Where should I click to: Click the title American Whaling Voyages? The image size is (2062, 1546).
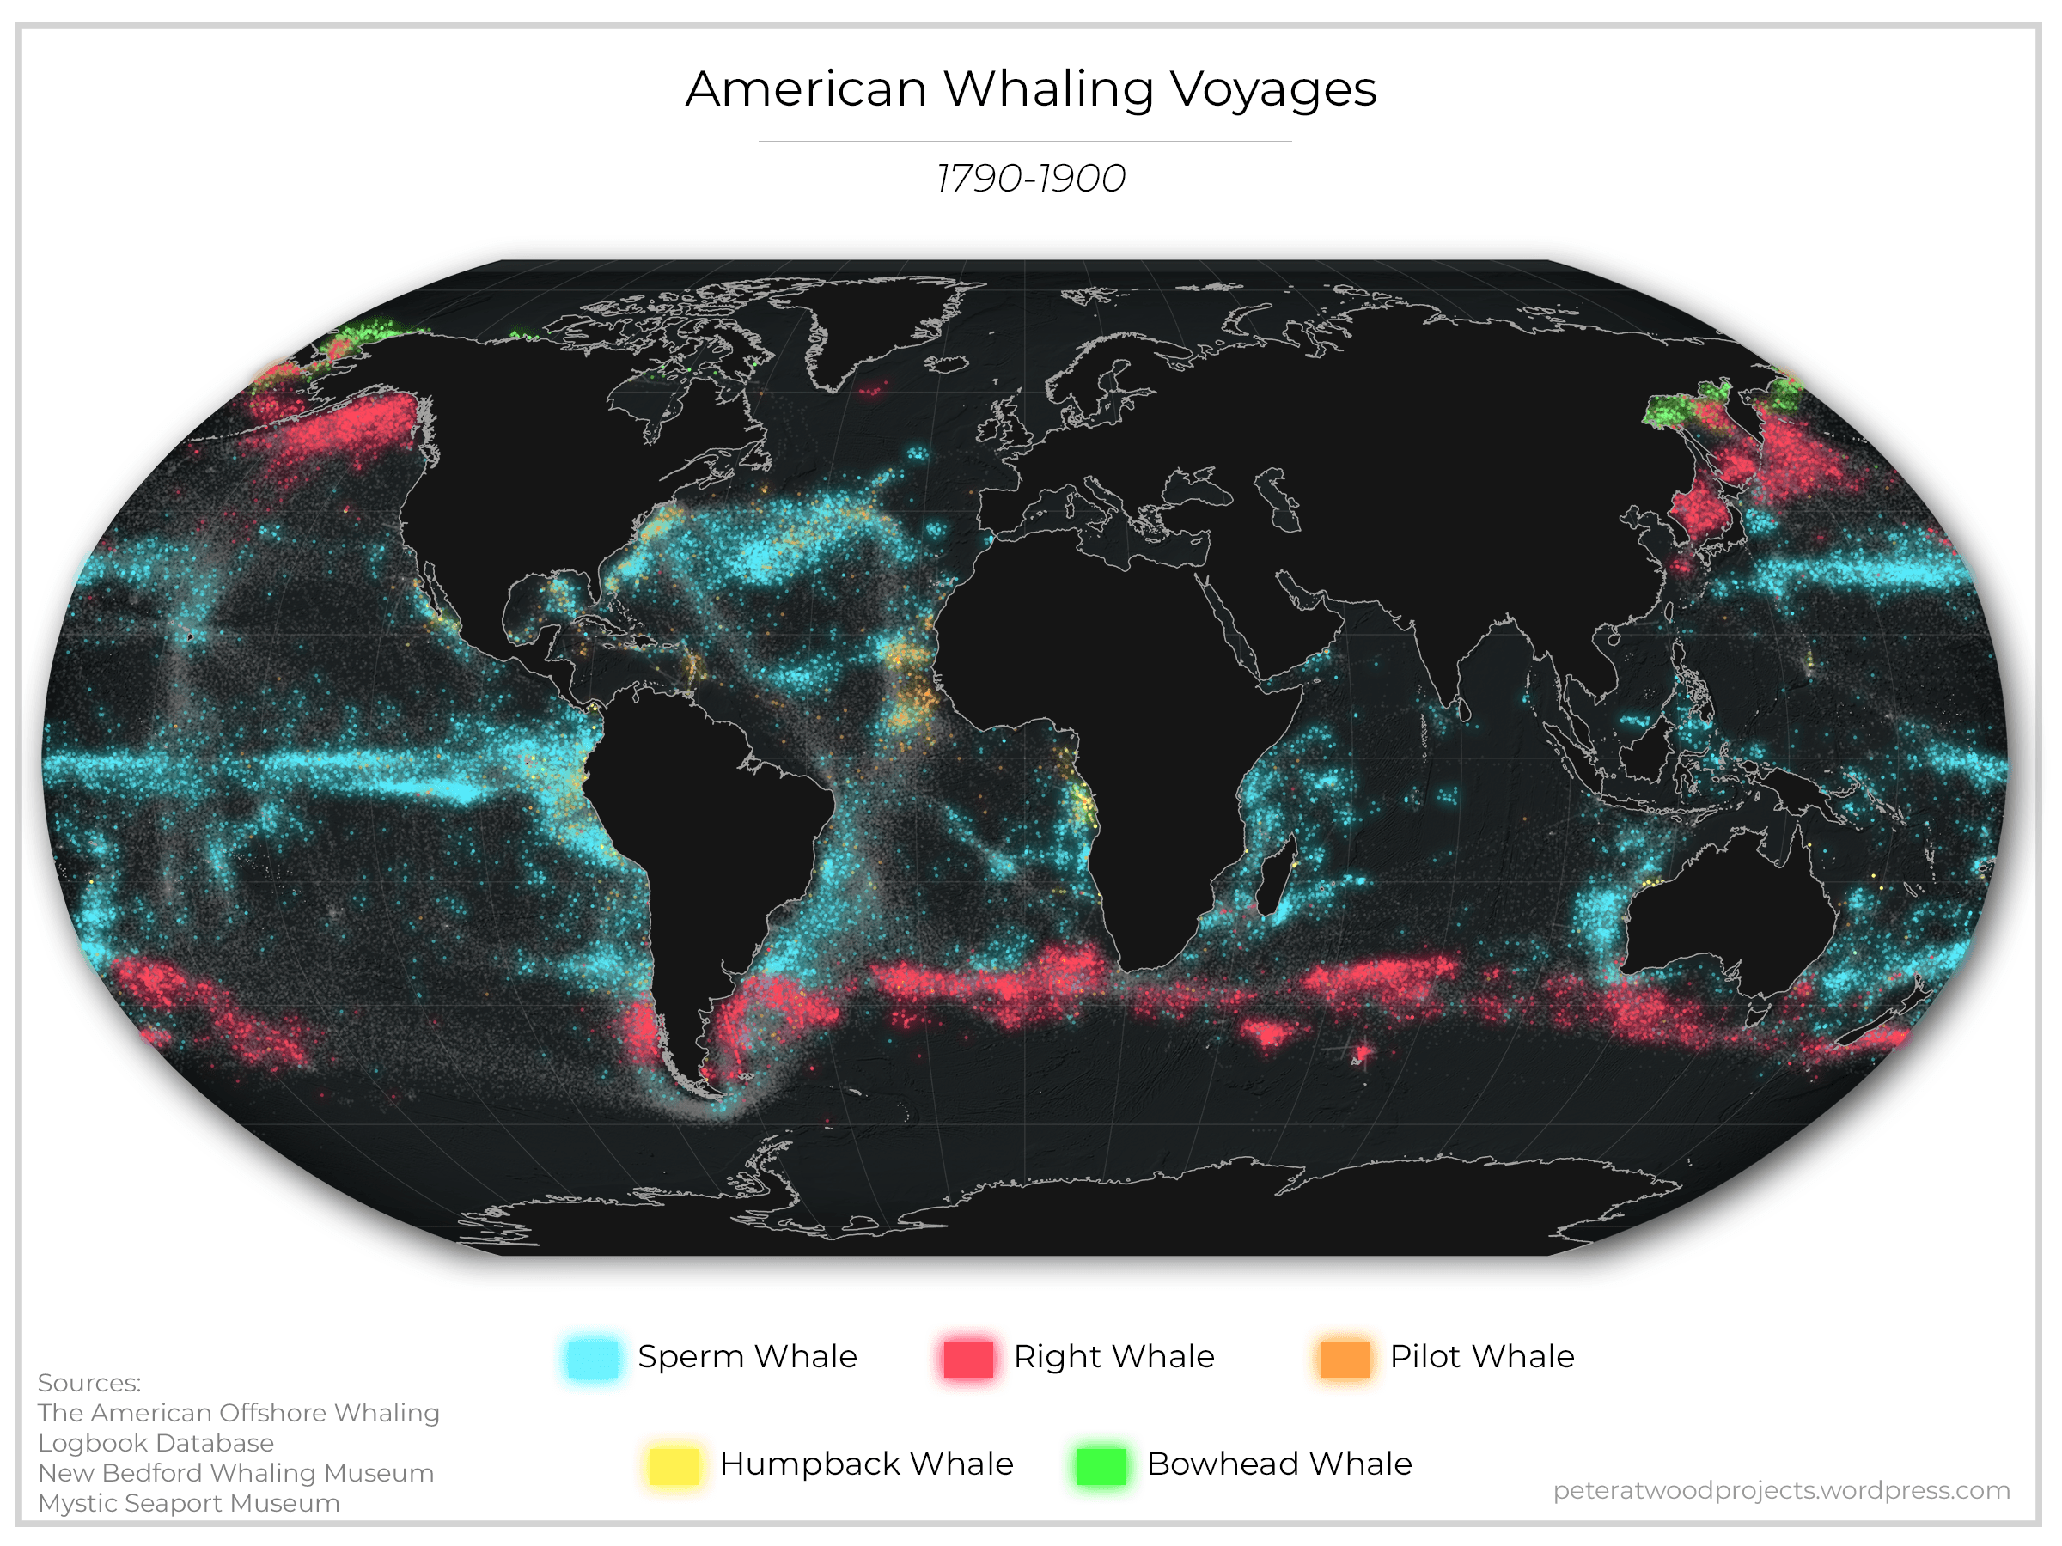pyautogui.click(x=1030, y=89)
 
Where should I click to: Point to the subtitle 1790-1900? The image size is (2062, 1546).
pyautogui.click(x=1030, y=178)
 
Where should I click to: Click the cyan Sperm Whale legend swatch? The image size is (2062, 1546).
pyautogui.click(x=592, y=1357)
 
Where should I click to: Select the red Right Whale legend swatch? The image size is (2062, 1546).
pyautogui.click(x=967, y=1357)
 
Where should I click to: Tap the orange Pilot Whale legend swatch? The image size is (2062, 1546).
pyautogui.click(x=1345, y=1357)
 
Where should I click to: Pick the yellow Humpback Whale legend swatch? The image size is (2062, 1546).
pyautogui.click(x=673, y=1465)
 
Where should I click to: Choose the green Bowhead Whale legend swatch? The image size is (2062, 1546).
pyautogui.click(x=1101, y=1465)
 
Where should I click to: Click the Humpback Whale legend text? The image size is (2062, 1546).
pyautogui.click(x=866, y=1464)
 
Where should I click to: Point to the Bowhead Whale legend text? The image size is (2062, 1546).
pyautogui.click(x=1279, y=1464)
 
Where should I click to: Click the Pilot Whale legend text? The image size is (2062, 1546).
pyautogui.click(x=1481, y=1357)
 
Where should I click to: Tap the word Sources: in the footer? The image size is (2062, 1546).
pyautogui.click(x=89, y=1383)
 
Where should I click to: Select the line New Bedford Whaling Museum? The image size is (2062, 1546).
pyautogui.click(x=236, y=1473)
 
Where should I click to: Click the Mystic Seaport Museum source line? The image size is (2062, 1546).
pyautogui.click(x=188, y=1503)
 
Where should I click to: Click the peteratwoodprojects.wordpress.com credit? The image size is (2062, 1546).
pyautogui.click(x=1780, y=1490)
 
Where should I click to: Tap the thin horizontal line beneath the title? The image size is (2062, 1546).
pyautogui.click(x=1024, y=142)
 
